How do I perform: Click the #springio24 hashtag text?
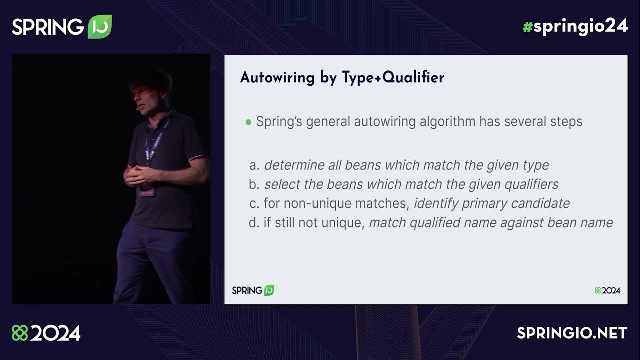(x=575, y=26)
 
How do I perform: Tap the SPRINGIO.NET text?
(x=572, y=333)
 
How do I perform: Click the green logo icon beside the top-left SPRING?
(x=99, y=26)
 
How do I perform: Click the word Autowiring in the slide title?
(x=276, y=78)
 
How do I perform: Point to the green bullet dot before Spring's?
(x=248, y=122)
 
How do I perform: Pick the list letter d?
(x=253, y=223)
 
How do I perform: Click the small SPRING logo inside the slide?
(x=253, y=290)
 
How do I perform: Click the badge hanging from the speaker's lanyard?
(x=147, y=191)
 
